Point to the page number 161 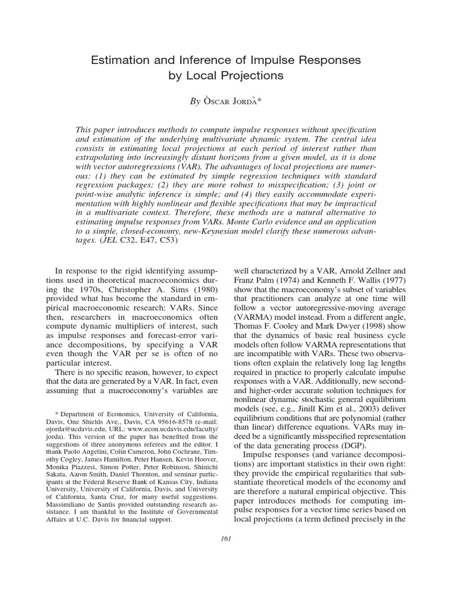point(225,540)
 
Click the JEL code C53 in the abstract point(167,240)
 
